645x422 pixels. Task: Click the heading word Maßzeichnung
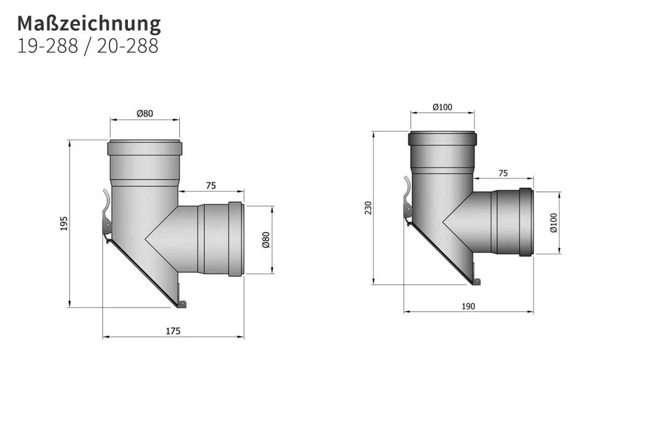89,23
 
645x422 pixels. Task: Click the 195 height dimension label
64,223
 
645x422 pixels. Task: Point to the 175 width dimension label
173,331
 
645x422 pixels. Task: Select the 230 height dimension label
368,208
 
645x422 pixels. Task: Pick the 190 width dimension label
468,306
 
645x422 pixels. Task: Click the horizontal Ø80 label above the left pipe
144,113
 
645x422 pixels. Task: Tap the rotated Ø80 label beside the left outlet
266,239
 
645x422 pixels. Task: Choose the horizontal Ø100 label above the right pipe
442,107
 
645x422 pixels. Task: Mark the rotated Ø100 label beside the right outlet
553,222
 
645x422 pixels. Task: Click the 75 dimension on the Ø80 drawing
211,185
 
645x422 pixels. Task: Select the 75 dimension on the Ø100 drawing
503,173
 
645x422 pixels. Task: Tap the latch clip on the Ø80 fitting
106,213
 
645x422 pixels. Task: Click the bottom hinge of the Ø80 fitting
181,303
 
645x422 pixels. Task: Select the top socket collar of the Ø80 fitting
144,148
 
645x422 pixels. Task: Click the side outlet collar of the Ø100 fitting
526,221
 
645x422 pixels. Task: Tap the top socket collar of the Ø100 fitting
442,138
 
